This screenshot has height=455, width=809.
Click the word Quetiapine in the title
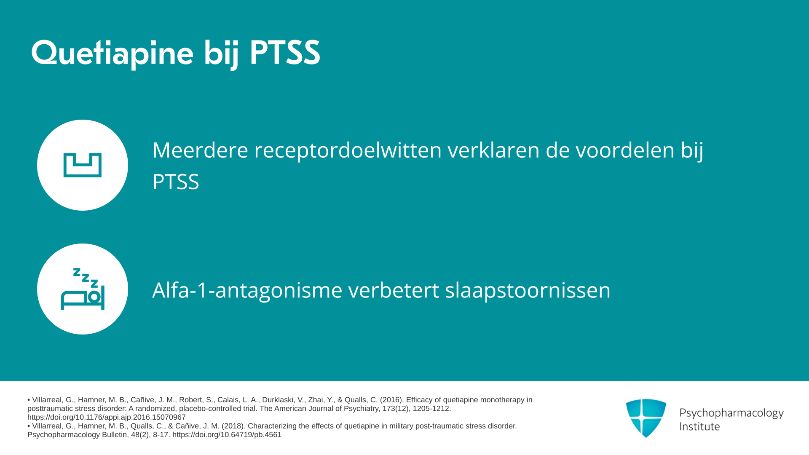(x=113, y=54)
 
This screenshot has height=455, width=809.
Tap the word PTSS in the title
(x=285, y=53)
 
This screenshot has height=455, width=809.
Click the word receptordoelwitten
(x=348, y=150)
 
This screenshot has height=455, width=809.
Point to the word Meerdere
(x=200, y=150)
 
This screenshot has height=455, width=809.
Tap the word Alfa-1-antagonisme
(x=247, y=290)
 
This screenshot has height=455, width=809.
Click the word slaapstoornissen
(x=528, y=290)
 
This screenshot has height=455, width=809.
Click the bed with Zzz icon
(x=83, y=289)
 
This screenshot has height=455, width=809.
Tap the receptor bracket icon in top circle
(x=83, y=165)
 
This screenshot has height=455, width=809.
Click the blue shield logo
(x=646, y=418)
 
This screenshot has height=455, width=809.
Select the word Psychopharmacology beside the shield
(x=731, y=413)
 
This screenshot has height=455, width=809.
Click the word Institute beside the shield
(x=699, y=426)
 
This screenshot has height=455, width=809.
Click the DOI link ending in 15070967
(x=107, y=417)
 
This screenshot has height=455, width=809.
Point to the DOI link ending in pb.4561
(x=227, y=435)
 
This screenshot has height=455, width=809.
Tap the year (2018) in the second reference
(x=233, y=426)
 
